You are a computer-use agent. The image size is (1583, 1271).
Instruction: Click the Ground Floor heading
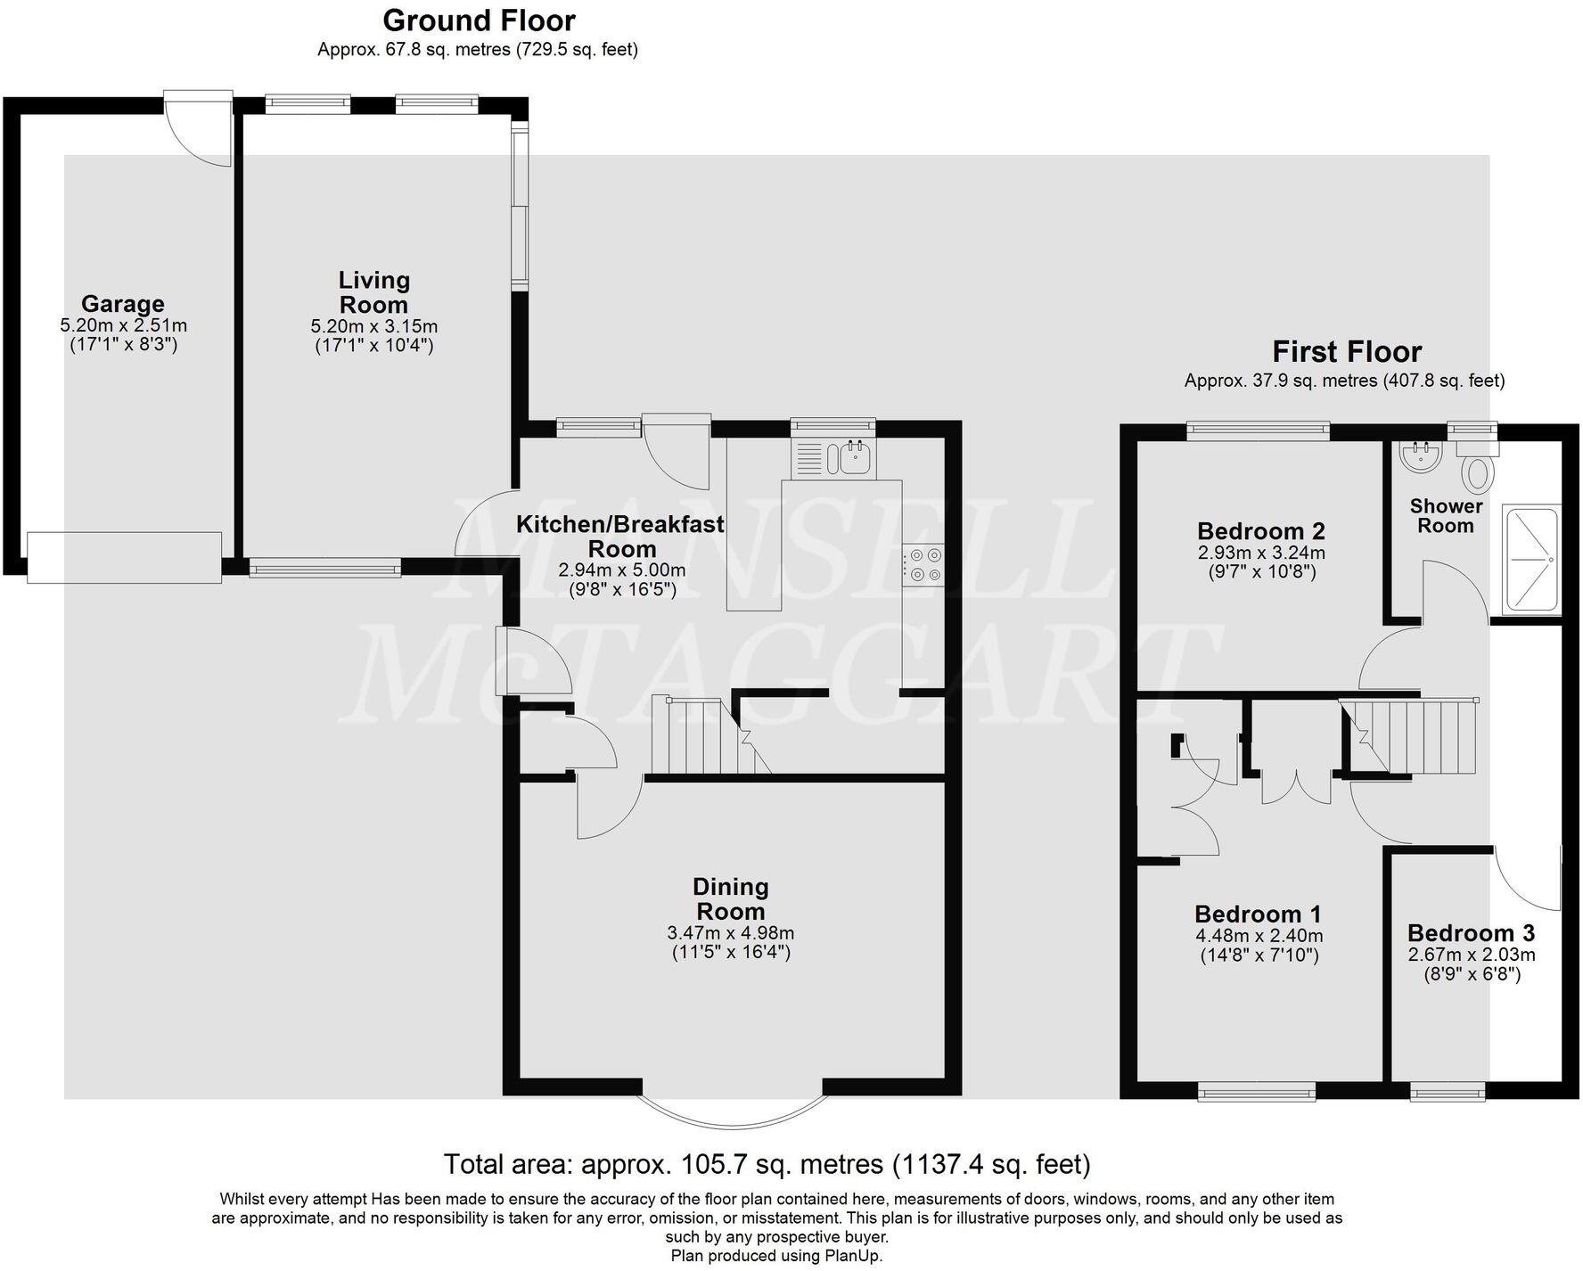pos(479,20)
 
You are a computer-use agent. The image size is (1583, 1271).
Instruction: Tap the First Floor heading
pos(1346,351)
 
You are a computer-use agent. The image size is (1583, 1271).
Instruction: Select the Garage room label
pos(123,304)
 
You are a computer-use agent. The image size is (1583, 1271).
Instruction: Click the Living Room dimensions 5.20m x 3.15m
pos(373,326)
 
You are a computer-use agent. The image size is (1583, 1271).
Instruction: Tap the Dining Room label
pos(730,898)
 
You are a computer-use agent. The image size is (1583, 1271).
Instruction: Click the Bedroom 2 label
pos(1260,531)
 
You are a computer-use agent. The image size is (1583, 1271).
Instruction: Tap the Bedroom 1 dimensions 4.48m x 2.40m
pos(1259,936)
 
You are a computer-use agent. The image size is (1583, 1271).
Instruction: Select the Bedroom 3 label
pos(1471,933)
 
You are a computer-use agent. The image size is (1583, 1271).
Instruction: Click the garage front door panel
pos(124,557)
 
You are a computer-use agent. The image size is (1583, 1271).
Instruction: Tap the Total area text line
pos(767,1164)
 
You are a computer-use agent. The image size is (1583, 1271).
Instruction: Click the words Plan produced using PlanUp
pos(776,1256)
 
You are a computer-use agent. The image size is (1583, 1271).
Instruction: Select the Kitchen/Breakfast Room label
pos(620,536)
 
